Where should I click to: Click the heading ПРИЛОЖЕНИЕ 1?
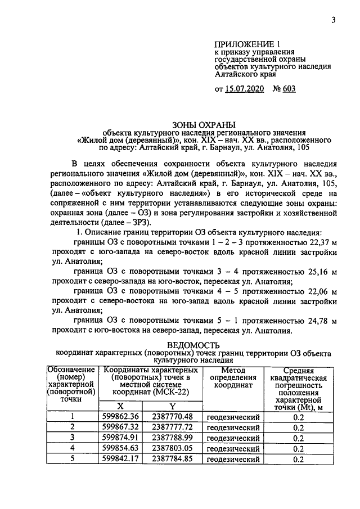247,44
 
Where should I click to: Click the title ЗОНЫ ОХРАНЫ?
202,124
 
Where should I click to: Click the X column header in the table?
120,406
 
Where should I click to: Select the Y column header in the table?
173,406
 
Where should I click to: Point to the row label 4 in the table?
71,448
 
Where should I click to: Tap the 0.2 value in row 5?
298,460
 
